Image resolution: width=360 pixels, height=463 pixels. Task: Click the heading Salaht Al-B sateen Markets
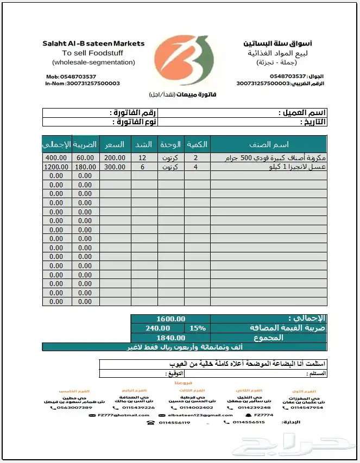93,43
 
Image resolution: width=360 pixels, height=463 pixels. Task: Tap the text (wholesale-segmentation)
93,62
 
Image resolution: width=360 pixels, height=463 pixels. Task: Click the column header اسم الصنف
268,144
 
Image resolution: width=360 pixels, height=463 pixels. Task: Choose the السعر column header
115,144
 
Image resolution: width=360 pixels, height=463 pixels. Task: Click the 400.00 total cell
56,158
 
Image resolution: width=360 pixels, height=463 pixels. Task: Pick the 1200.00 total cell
56,167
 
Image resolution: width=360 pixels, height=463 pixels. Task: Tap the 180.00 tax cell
85,167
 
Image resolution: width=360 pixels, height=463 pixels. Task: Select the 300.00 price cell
115,167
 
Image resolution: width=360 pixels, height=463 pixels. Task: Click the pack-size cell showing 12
143,158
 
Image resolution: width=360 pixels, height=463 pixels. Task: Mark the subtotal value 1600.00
170,319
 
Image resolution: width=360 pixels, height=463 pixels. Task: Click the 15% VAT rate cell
197,328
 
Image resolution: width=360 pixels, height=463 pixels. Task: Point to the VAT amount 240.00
157,328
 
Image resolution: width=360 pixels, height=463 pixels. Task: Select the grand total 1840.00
170,337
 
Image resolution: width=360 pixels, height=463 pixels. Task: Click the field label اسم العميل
304,113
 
